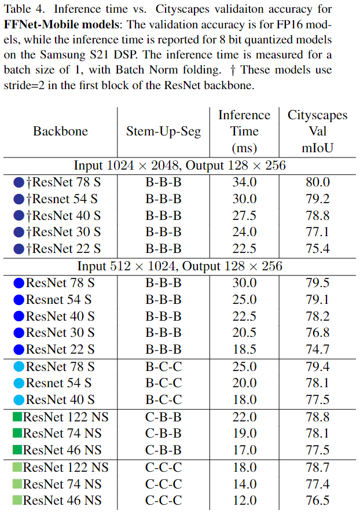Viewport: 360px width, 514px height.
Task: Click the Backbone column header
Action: (x=60, y=131)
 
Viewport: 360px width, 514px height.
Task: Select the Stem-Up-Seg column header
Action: (x=164, y=131)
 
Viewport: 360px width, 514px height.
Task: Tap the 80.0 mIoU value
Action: (x=317, y=182)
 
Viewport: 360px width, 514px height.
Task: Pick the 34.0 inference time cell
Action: (x=244, y=182)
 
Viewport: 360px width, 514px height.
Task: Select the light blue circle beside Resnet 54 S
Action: (x=19, y=383)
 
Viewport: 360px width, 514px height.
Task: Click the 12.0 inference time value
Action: (x=244, y=500)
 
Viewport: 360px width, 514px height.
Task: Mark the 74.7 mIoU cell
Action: (x=317, y=350)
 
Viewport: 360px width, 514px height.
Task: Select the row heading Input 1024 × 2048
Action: (x=179, y=166)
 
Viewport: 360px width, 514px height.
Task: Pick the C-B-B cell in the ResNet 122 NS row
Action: (x=164, y=417)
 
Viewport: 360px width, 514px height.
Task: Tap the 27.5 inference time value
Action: (x=244, y=215)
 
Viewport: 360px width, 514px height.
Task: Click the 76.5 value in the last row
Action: (x=317, y=500)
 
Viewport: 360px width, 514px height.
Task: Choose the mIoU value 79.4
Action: (x=317, y=366)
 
